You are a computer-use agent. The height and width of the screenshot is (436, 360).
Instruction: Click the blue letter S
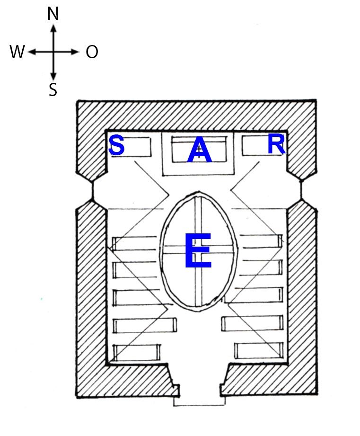[x=117, y=145]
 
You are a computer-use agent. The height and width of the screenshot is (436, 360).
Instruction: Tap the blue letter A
[x=200, y=150]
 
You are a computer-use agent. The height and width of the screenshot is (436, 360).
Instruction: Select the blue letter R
[x=276, y=144]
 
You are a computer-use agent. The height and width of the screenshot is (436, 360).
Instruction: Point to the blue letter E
[x=198, y=250]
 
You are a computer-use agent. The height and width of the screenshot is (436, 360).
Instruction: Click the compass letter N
[x=53, y=14]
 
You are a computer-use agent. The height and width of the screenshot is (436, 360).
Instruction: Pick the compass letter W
[x=17, y=52]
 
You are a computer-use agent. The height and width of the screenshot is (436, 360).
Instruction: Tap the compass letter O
[x=92, y=52]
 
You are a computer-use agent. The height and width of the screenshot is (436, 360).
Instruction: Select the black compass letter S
[x=53, y=89]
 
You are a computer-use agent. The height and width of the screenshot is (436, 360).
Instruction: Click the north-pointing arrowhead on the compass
[x=54, y=28]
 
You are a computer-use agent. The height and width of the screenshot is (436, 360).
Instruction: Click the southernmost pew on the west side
[x=137, y=352]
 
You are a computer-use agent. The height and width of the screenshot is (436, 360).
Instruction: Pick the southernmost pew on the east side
[x=259, y=351]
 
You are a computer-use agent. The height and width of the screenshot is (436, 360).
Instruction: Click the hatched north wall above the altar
[x=197, y=116]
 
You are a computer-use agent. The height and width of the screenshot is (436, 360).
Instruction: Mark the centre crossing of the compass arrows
[x=54, y=52]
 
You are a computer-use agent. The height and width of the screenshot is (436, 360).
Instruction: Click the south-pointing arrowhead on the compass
[x=54, y=76]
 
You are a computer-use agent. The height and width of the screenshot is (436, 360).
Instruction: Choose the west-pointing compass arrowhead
[x=32, y=52]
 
